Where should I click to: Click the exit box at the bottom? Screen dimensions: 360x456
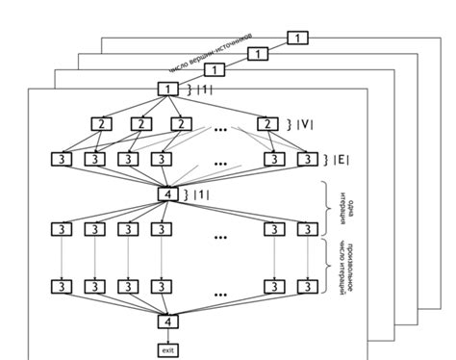point(168,349)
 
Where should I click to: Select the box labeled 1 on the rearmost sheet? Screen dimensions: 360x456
point(300,38)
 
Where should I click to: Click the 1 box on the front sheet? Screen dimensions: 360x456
point(168,89)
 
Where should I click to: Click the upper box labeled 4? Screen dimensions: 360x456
point(168,194)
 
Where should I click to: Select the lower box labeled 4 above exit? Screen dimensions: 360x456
point(168,322)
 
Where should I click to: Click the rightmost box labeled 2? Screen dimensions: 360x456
point(266,123)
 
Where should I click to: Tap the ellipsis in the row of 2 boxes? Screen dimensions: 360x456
point(221,125)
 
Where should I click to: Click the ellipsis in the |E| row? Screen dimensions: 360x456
point(221,162)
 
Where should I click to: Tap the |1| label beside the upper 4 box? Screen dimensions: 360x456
point(201,195)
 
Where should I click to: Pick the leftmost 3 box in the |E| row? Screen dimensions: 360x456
point(61,159)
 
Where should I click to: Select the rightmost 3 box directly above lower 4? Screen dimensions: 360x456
point(307,287)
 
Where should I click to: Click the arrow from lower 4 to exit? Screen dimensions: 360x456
point(168,336)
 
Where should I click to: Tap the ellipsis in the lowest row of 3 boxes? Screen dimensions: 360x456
point(221,290)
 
